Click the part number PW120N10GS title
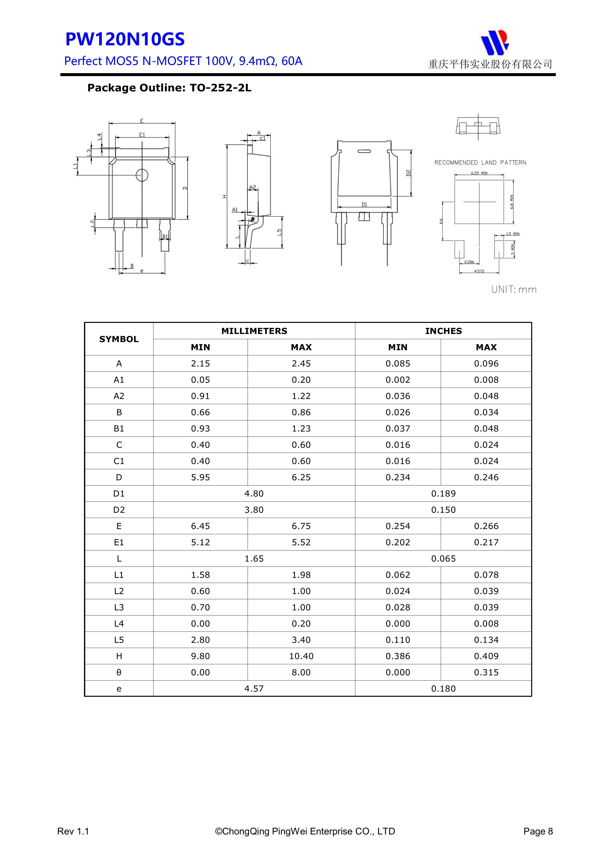(x=125, y=39)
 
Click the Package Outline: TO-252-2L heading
(x=169, y=88)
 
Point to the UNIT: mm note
(x=513, y=289)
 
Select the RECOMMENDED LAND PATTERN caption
(x=480, y=163)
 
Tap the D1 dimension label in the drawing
(x=364, y=204)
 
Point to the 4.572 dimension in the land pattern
(x=479, y=271)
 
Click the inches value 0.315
(x=486, y=672)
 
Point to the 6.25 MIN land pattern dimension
(x=479, y=173)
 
